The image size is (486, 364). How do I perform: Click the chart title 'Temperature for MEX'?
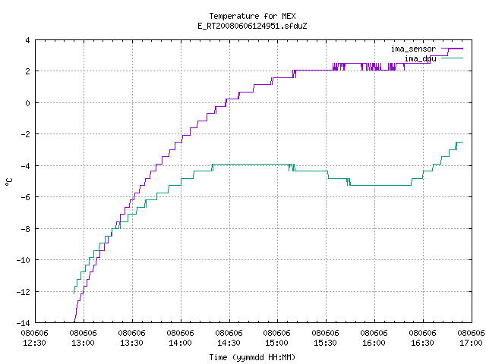point(252,16)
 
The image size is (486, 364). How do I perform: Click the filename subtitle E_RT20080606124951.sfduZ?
point(252,26)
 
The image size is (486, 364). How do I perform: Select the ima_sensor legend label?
point(413,49)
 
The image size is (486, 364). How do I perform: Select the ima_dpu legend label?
point(420,59)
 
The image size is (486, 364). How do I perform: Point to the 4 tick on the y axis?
point(28,40)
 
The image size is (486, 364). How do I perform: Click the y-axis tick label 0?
point(28,103)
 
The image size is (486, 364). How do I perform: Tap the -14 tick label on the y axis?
point(24,323)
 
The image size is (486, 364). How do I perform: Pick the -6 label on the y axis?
point(25,197)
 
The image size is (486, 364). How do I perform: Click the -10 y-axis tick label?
point(24,260)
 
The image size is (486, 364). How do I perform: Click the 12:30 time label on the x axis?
point(35,343)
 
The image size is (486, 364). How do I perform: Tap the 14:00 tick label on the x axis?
point(181,343)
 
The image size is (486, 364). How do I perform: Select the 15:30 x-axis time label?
point(326,343)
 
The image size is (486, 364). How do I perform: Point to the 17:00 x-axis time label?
point(471,343)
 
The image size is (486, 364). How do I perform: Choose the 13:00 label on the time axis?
point(83,343)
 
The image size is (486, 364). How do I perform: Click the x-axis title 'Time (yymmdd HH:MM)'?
point(252,357)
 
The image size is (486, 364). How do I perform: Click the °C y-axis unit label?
point(9,182)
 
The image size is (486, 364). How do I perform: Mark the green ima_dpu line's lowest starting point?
point(74,293)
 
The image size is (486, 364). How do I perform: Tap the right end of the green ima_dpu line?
point(462,142)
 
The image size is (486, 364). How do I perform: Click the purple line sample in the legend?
point(453,49)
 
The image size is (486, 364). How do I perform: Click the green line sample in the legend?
point(453,58)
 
